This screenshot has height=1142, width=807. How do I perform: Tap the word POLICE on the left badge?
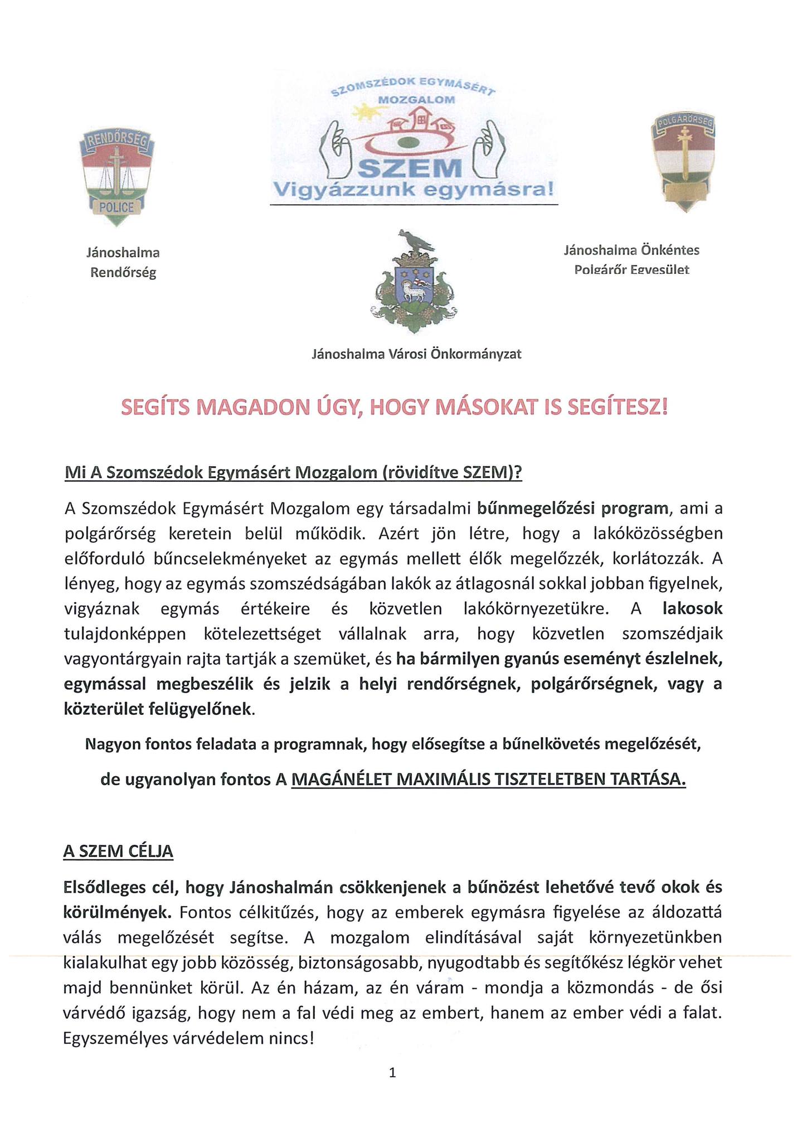point(116,207)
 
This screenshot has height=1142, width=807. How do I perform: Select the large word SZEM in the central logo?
point(411,168)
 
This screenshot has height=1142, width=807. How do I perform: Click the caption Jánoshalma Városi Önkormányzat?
point(416,354)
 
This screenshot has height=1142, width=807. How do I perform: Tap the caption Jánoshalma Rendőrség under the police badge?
point(123,262)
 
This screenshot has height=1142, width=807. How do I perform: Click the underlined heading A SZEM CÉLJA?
point(118,851)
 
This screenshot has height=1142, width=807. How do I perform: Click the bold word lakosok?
point(692,608)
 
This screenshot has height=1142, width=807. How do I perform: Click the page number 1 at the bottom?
point(392,1072)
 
